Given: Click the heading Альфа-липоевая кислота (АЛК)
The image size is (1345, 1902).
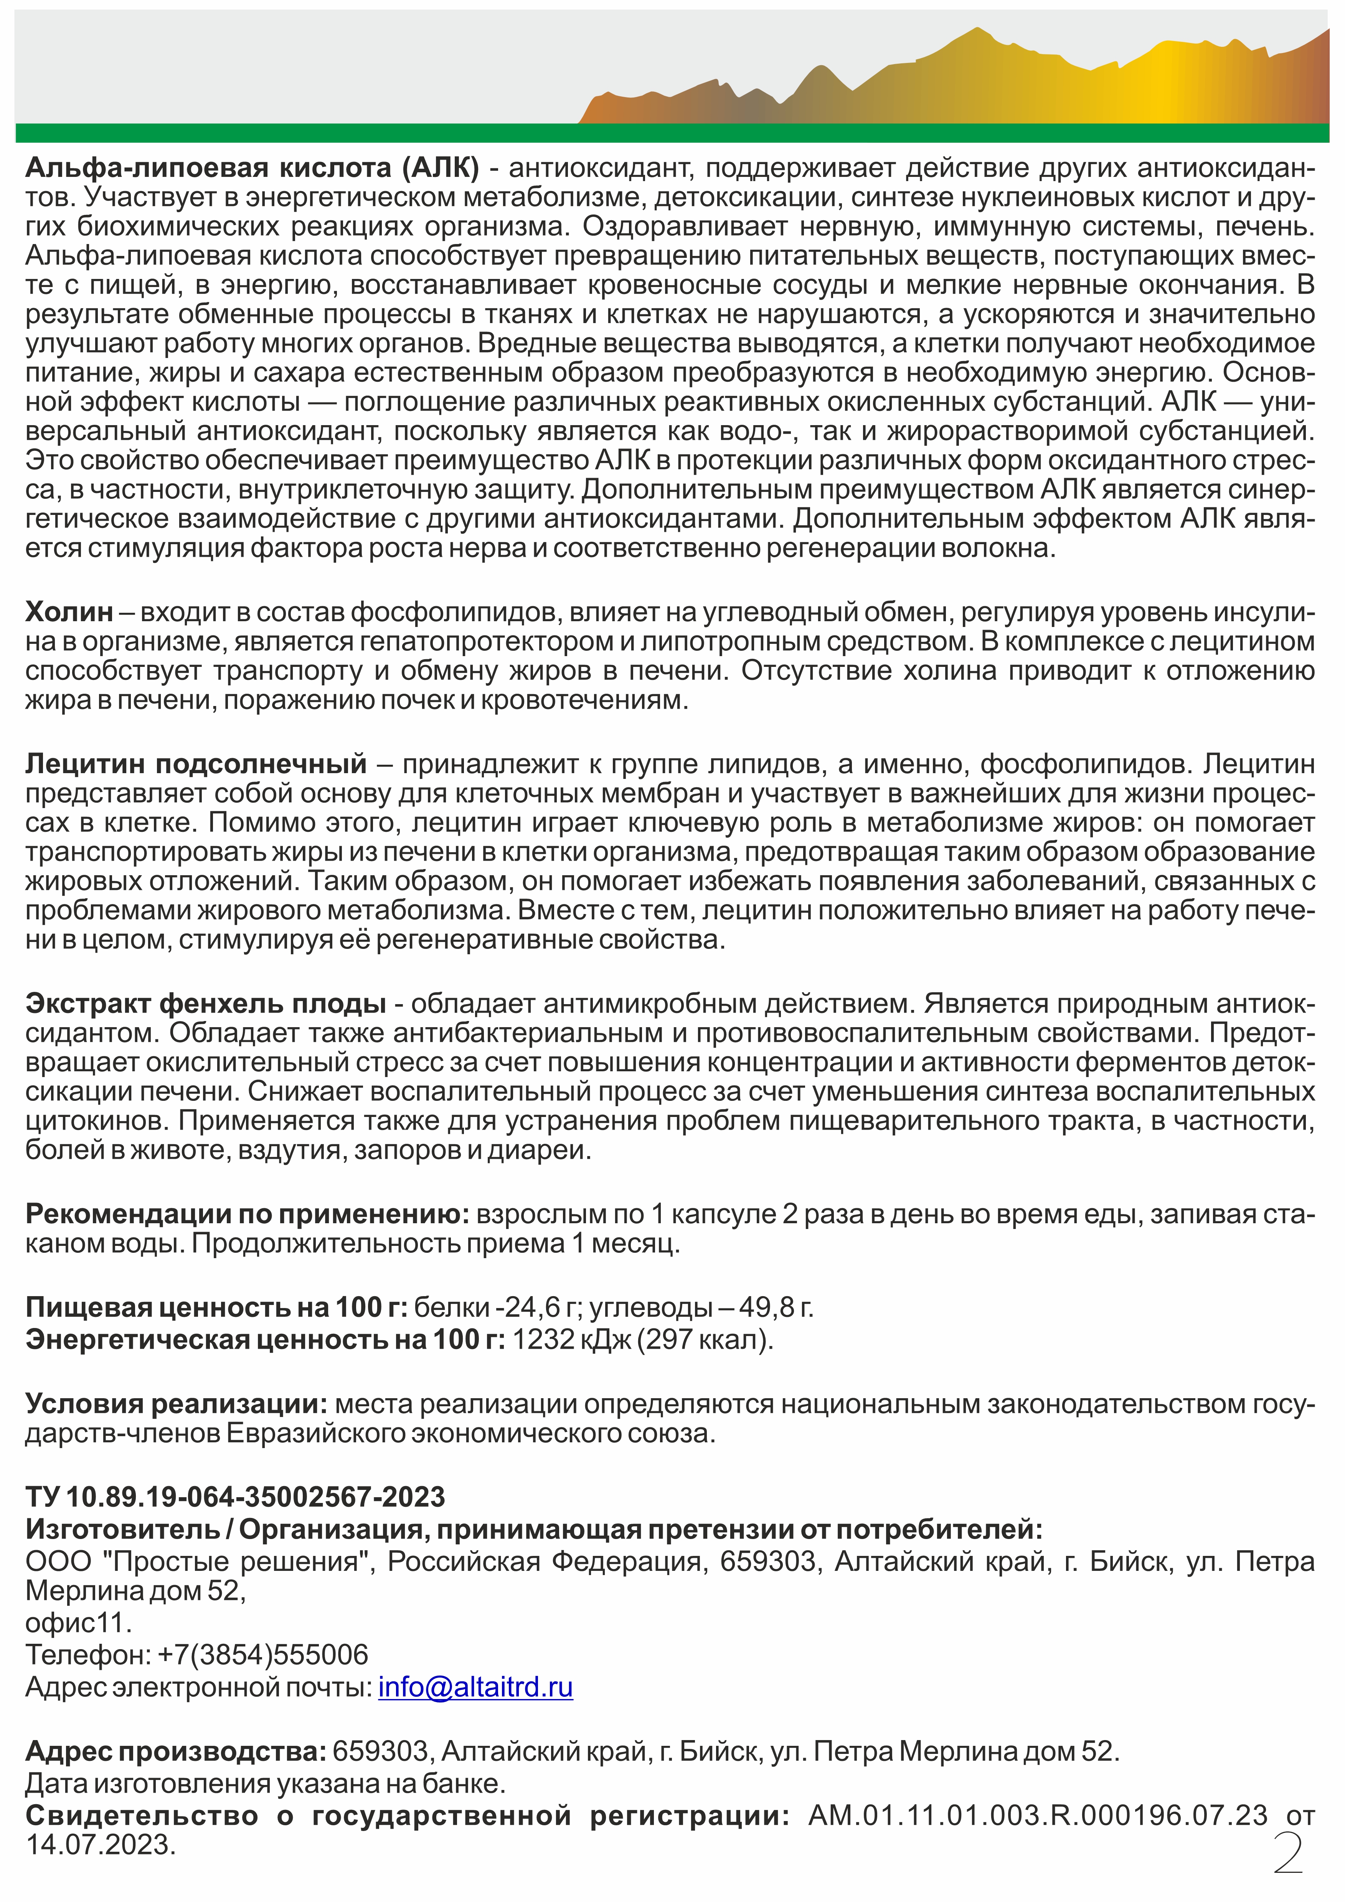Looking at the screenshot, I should tap(252, 168).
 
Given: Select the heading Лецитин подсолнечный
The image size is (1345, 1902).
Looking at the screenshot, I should tap(196, 762).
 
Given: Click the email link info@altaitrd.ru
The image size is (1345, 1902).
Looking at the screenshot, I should tap(475, 1688).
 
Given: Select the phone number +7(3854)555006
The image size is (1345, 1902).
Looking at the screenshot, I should tap(263, 1654).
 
